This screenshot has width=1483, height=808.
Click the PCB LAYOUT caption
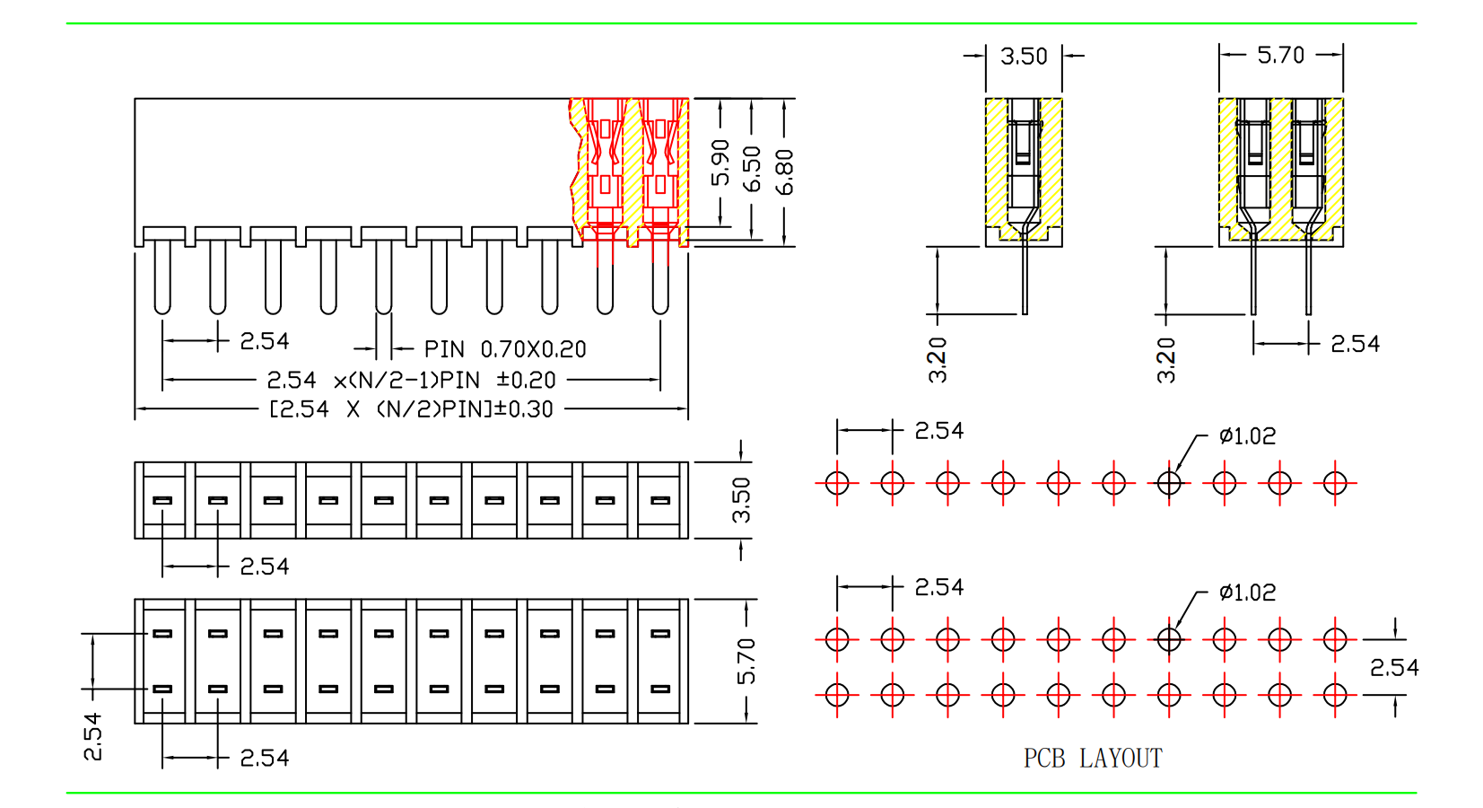pyautogui.click(x=1092, y=759)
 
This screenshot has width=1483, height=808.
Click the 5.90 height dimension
pyautogui.click(x=720, y=162)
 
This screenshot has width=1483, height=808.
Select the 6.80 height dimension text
pyautogui.click(x=784, y=171)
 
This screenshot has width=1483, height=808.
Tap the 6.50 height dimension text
pyautogui.click(x=753, y=168)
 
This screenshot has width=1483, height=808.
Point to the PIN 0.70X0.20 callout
pyautogui.click(x=505, y=349)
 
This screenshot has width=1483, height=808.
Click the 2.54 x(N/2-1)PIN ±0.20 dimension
pyautogui.click(x=411, y=381)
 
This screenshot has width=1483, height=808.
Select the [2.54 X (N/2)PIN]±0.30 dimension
pyautogui.click(x=411, y=409)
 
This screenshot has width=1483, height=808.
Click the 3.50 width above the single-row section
pyautogui.click(x=1024, y=57)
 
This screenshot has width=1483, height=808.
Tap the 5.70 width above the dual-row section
pyautogui.click(x=1280, y=56)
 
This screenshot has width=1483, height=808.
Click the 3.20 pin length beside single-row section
pyautogui.click(x=938, y=360)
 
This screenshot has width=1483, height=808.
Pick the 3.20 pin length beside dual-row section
pyautogui.click(x=1166, y=360)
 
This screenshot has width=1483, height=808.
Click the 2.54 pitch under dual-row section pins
pyautogui.click(x=1355, y=344)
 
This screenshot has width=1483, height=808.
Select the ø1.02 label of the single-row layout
pyautogui.click(x=1247, y=436)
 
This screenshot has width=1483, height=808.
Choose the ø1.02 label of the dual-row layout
pyautogui.click(x=1247, y=593)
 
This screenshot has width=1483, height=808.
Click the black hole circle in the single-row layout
pyautogui.click(x=1169, y=483)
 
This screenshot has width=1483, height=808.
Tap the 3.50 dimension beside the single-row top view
pyautogui.click(x=741, y=499)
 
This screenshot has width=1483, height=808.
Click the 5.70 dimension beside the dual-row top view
pyautogui.click(x=746, y=661)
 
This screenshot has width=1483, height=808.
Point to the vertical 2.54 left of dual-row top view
pyautogui.click(x=93, y=736)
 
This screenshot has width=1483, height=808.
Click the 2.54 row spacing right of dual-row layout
pyautogui.click(x=1394, y=667)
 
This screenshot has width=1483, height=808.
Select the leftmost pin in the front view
pyautogui.click(x=162, y=278)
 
